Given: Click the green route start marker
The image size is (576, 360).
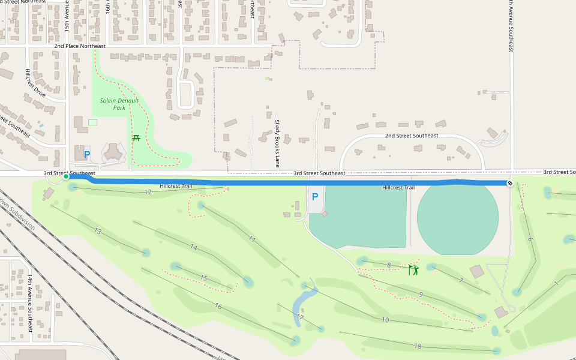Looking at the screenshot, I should click(66, 176).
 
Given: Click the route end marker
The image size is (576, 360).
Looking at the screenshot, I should click(509, 183).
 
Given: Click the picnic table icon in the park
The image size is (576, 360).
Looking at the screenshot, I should click(136, 139).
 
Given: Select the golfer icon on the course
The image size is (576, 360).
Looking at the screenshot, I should click(413, 270).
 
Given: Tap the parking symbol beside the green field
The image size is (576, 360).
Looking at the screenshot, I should click(314, 197).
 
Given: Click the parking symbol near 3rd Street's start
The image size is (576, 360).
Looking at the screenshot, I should click(86, 155).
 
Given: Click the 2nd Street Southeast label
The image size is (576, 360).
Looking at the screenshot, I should click(411, 136).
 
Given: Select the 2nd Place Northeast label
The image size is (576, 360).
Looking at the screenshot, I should click(79, 46).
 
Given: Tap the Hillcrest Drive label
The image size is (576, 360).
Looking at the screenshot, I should click(35, 82).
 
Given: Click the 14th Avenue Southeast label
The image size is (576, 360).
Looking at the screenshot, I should click(29, 304).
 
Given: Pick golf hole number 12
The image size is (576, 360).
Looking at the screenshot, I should click(148, 192).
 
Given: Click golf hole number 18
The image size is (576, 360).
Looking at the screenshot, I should click(418, 346).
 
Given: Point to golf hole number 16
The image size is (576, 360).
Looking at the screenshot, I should click(218, 307).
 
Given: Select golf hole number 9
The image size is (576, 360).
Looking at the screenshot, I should click(421, 295).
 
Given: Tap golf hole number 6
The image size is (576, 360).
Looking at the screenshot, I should click(530, 239).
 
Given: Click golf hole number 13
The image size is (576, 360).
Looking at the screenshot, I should click(97, 231).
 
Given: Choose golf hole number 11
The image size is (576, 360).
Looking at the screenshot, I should click(252, 239).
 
